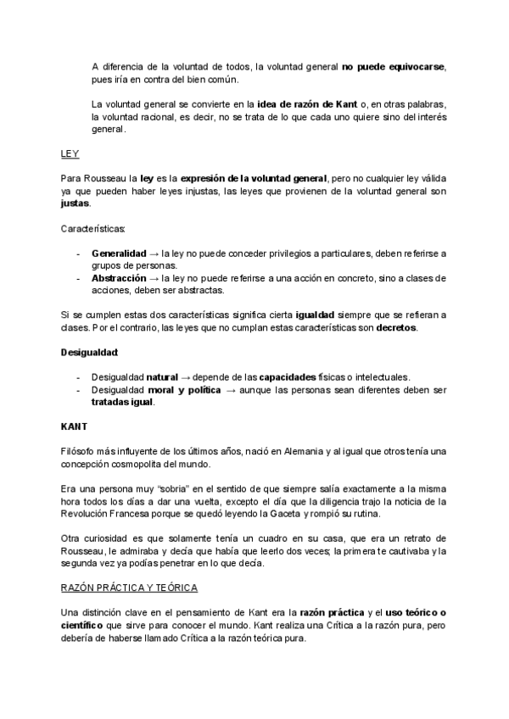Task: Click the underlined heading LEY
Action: tap(70, 154)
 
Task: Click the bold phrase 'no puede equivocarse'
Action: tap(393, 67)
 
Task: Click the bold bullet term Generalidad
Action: tap(118, 254)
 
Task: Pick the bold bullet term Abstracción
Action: tap(119, 278)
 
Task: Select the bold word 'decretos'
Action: tap(396, 327)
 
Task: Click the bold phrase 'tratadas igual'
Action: tap(122, 402)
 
